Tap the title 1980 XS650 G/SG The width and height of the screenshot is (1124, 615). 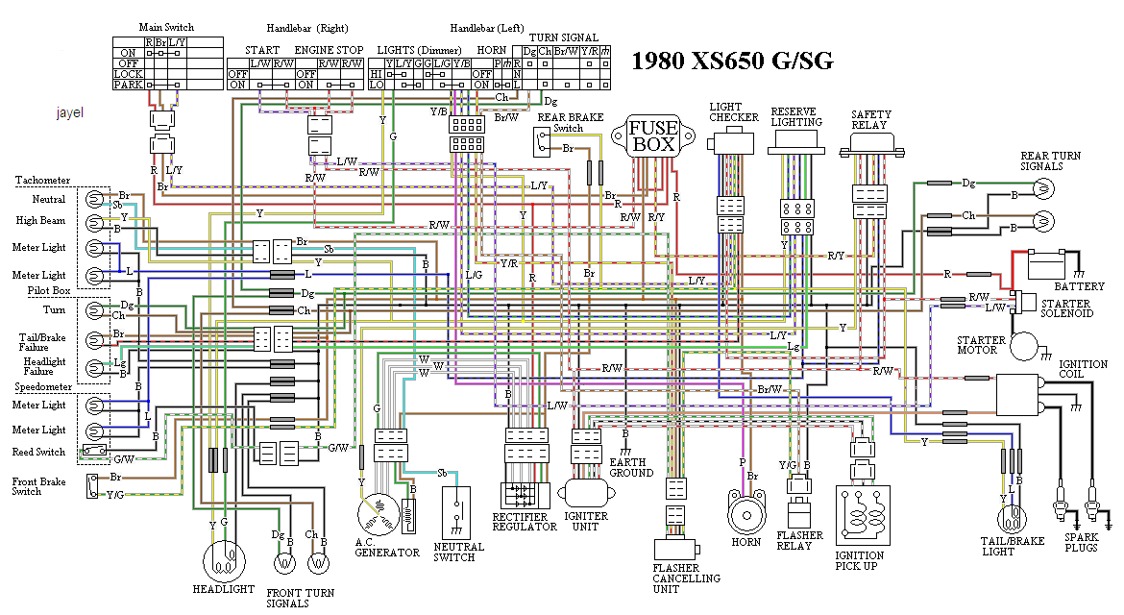[732, 61]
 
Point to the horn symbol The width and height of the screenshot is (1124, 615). [745, 515]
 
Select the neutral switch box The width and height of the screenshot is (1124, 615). [459, 512]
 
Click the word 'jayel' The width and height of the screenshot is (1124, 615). [70, 112]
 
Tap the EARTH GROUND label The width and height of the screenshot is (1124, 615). [630, 466]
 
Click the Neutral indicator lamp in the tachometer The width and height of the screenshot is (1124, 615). [93, 200]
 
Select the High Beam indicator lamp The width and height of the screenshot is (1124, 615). [93, 223]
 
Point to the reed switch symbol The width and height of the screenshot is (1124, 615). [93, 451]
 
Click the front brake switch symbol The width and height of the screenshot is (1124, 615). [93, 486]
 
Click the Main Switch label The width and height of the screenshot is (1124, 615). [167, 28]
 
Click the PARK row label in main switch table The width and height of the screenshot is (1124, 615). [128, 85]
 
